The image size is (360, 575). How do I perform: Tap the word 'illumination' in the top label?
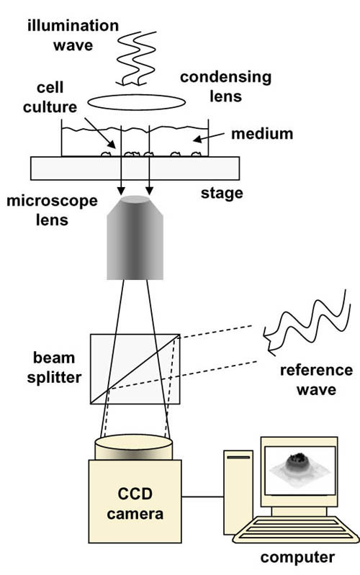pyautogui.click(x=73, y=26)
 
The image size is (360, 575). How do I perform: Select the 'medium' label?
pyautogui.click(x=262, y=134)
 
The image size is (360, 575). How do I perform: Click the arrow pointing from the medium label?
pyautogui.click(x=209, y=137)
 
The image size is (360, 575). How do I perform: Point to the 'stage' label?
pyautogui.click(x=222, y=193)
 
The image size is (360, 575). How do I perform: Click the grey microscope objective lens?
pyautogui.click(x=135, y=237)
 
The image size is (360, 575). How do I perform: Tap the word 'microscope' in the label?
pyautogui.click(x=52, y=202)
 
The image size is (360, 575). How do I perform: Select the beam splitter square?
pyautogui.click(x=135, y=369)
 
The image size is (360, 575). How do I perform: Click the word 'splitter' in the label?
pyautogui.click(x=54, y=378)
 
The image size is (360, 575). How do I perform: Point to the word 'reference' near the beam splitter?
pyautogui.click(x=316, y=371)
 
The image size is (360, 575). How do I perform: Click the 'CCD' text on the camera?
pyautogui.click(x=135, y=494)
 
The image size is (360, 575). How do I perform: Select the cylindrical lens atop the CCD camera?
pyautogui.click(x=134, y=447)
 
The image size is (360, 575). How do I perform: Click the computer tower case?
pyautogui.click(x=238, y=492)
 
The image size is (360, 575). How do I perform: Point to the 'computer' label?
pyautogui.click(x=297, y=558)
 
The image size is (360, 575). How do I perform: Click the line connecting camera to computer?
pyautogui.click(x=202, y=497)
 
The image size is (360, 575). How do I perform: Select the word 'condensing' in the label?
pyautogui.click(x=225, y=78)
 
